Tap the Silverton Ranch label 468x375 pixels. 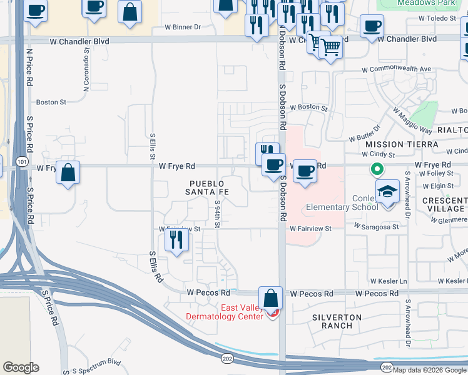(x=337, y=321)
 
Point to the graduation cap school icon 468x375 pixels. (x=387, y=191)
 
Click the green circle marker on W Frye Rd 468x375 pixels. (x=377, y=169)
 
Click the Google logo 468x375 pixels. (x=21, y=367)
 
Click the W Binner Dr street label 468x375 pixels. (x=183, y=27)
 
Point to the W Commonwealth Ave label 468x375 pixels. (x=400, y=69)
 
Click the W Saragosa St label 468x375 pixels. (x=375, y=227)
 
